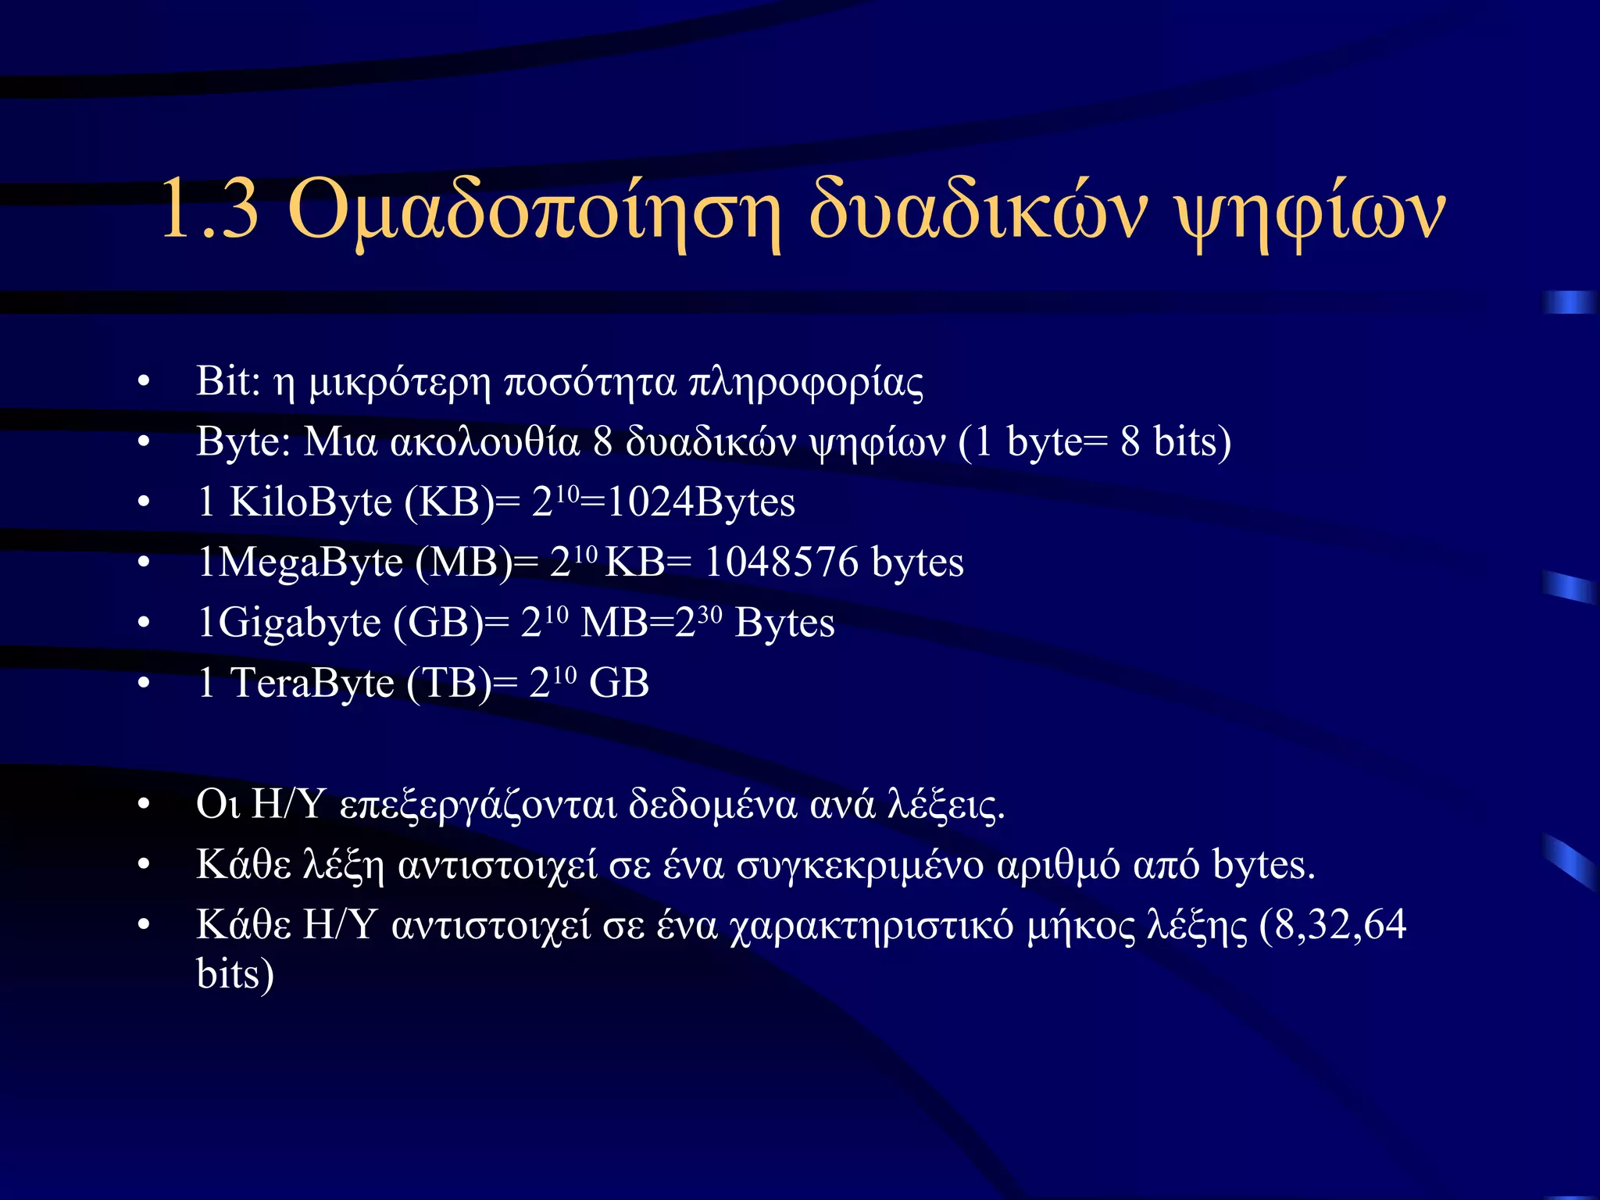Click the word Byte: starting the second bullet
[243, 442]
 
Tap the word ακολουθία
[484, 442]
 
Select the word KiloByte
[310, 502]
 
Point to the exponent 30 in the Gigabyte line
[709, 615]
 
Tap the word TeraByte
[312, 683]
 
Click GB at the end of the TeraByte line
[619, 684]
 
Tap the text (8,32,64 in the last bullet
[1333, 925]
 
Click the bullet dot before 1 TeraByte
[143, 684]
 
